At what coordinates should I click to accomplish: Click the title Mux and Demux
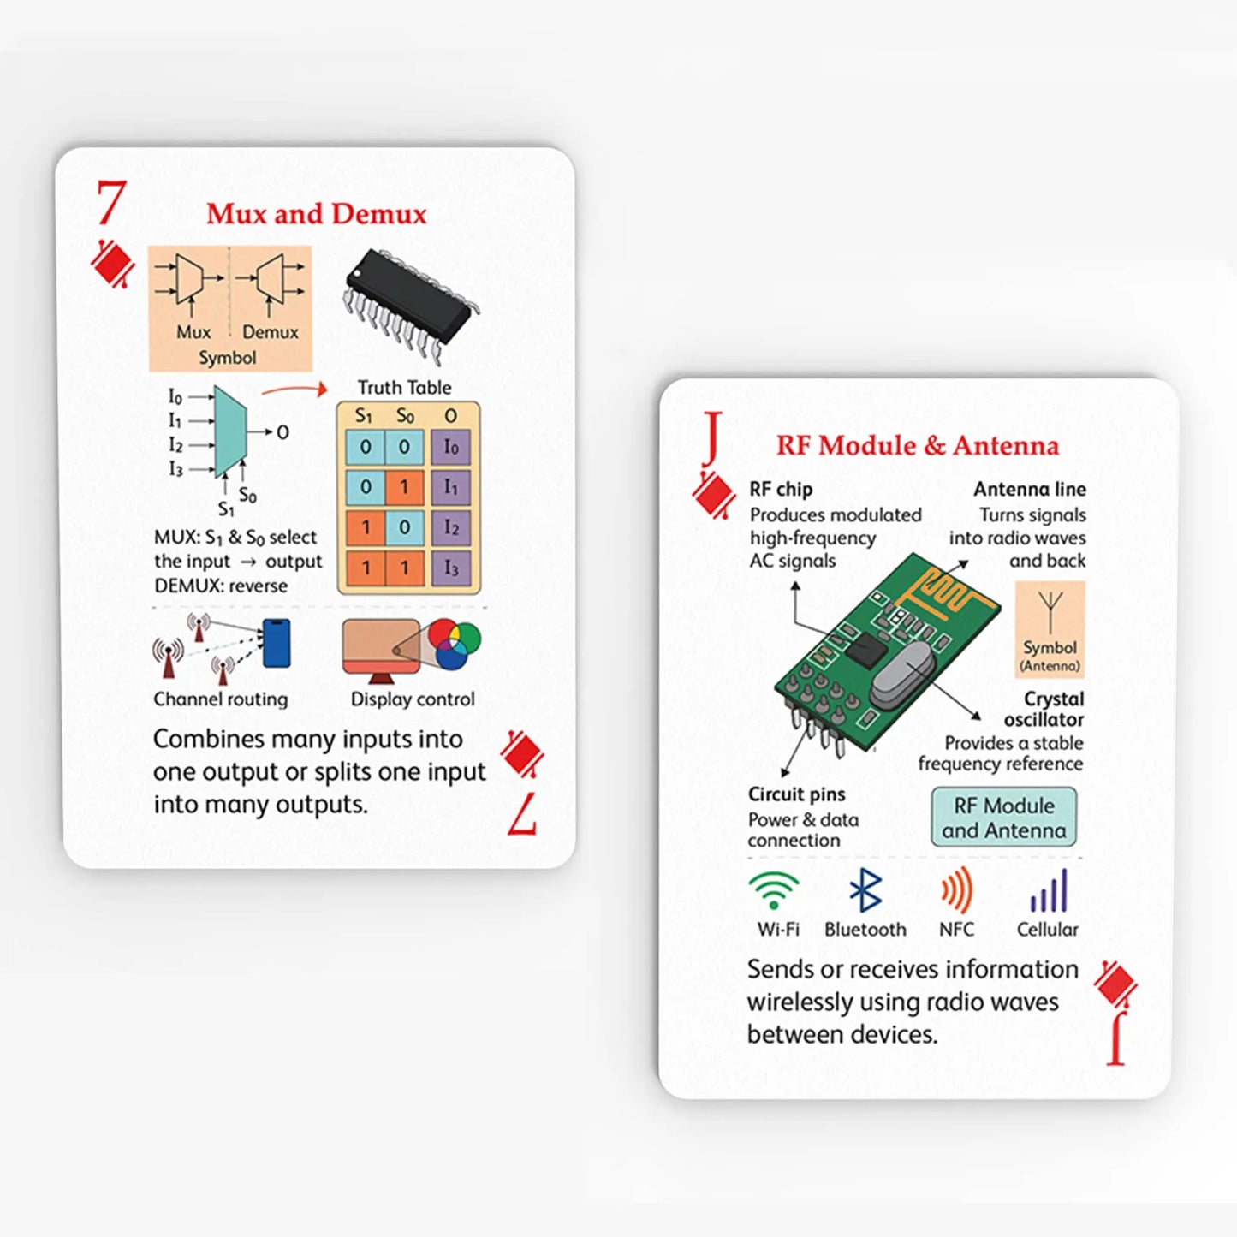316,214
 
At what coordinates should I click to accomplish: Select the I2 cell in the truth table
450,527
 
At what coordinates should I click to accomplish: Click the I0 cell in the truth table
450,447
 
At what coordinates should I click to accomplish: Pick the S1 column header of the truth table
364,416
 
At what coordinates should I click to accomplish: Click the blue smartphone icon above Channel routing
277,643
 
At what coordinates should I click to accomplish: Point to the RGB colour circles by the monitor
454,644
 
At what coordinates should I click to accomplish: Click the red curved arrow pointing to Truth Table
295,390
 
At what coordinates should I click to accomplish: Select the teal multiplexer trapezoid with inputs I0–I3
229,431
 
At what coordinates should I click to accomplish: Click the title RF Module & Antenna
917,446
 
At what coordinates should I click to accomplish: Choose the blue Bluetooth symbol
865,890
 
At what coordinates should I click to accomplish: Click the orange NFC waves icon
957,890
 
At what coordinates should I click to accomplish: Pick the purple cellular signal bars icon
1049,891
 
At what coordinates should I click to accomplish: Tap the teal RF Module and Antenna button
1003,818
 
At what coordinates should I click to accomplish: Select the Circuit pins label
796,794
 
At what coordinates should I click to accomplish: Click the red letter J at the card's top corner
712,437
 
